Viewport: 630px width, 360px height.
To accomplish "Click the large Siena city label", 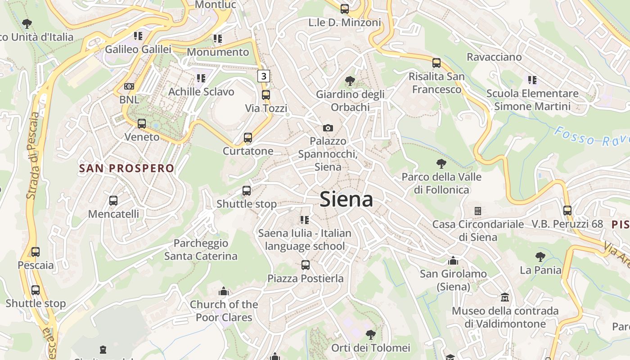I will (346, 199).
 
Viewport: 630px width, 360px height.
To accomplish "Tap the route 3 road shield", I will (264, 76).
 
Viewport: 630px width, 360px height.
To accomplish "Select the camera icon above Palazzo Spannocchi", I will (328, 128).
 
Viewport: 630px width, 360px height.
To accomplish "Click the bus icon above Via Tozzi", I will (266, 95).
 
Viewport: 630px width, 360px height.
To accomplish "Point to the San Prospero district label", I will (126, 168).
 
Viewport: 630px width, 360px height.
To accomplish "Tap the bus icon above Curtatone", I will (247, 138).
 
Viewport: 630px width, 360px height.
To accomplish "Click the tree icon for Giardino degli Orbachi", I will (350, 81).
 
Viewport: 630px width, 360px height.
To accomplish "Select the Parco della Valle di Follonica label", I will (441, 183).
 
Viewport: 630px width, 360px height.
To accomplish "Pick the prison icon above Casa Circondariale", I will (478, 211).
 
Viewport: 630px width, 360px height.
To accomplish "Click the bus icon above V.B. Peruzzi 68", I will (567, 210).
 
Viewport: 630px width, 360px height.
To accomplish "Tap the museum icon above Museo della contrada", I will (505, 297).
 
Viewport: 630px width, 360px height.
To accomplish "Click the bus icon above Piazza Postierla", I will (306, 265).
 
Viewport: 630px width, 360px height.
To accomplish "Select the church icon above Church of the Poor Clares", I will (223, 291).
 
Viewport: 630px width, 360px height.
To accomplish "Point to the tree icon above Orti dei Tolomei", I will (370, 334).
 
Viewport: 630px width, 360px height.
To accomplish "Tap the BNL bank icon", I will (129, 86).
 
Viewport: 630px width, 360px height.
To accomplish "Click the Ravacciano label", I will (494, 57).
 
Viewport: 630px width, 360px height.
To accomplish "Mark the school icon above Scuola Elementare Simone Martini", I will (532, 80).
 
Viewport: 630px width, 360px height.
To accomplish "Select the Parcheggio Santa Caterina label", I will (201, 250).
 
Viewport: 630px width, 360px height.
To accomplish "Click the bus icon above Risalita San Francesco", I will (436, 63).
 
